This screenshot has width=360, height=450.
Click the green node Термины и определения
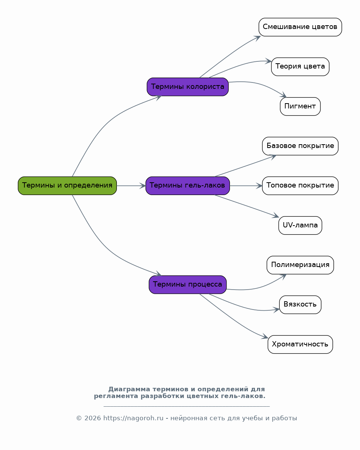coord(67,186)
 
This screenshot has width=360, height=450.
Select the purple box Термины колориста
coord(188,87)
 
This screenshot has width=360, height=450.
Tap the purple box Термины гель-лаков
coord(188,186)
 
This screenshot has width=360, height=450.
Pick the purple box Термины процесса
coord(188,285)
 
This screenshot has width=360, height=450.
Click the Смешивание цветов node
coord(300,27)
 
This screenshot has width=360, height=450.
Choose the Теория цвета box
coord(300,67)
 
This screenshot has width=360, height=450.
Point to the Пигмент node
coord(300,107)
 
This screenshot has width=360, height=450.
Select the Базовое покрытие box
coord(300,146)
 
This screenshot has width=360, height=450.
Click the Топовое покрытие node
coord(300,186)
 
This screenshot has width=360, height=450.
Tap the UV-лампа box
coord(300,225)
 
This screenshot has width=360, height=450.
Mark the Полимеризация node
coord(300,265)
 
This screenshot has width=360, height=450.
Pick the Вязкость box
coord(300,305)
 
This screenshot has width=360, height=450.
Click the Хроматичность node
coord(300,344)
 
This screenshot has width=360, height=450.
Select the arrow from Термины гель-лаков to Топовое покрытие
coord(246,186)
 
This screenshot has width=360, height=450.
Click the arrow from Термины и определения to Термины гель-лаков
coord(131,186)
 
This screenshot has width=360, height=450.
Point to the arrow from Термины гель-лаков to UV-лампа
coord(247,206)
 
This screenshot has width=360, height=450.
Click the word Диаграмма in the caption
coord(129,389)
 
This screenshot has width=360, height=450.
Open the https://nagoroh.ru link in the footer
coord(133,418)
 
